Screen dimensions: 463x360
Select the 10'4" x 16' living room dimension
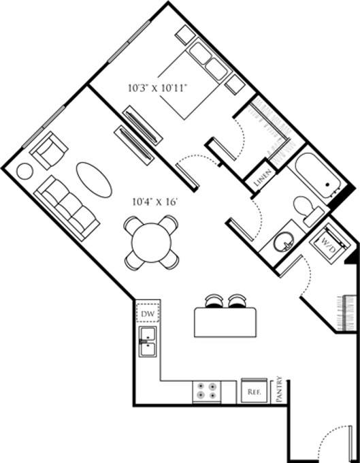(x=157, y=202)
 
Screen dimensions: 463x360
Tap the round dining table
(x=152, y=241)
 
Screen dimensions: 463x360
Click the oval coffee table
(x=95, y=180)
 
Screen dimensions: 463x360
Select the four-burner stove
(x=206, y=391)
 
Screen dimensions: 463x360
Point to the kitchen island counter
(x=228, y=322)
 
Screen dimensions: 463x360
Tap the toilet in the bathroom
(x=308, y=208)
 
